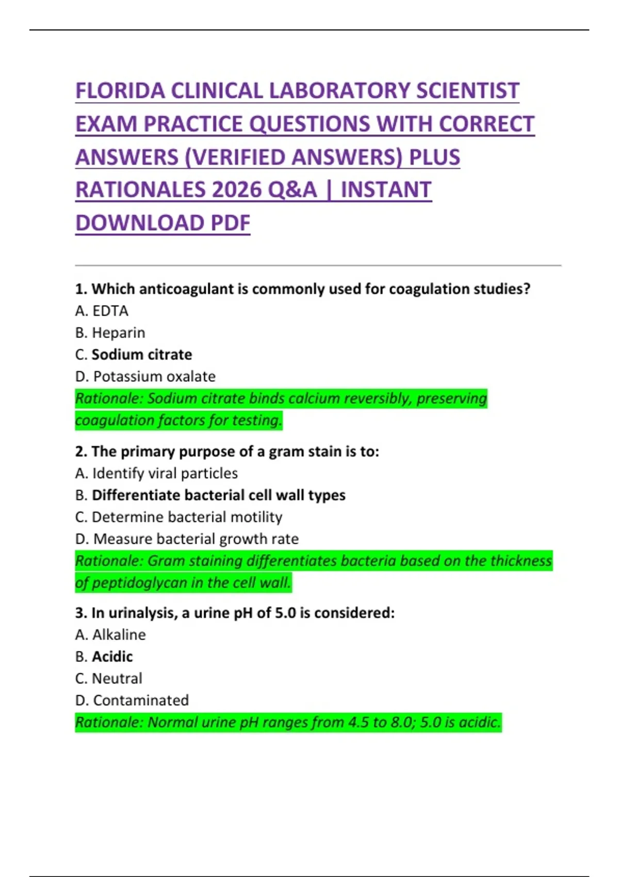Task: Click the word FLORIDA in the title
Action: coord(120,91)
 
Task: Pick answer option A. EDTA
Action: coord(102,311)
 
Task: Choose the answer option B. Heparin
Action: coord(110,333)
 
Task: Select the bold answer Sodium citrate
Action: coord(141,355)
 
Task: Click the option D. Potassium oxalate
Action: coord(145,377)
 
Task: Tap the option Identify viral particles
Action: coord(165,474)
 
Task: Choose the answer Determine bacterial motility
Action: coord(186,517)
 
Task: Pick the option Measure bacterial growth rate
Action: coord(196,539)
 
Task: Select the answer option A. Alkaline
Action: coord(110,635)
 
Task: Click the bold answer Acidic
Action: coord(112,657)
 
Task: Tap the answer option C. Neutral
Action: coord(108,678)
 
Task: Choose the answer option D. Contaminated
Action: coord(132,701)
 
